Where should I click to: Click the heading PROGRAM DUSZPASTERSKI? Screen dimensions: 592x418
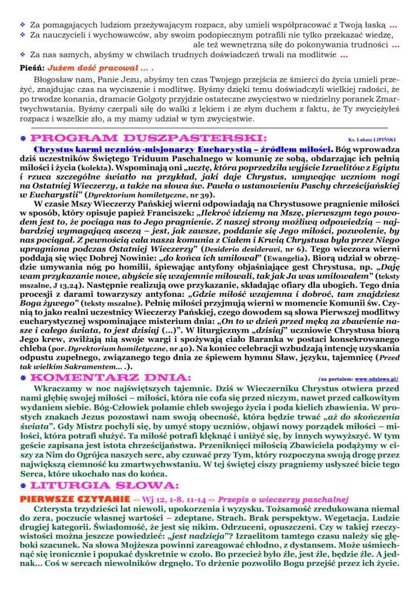coord(148,138)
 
